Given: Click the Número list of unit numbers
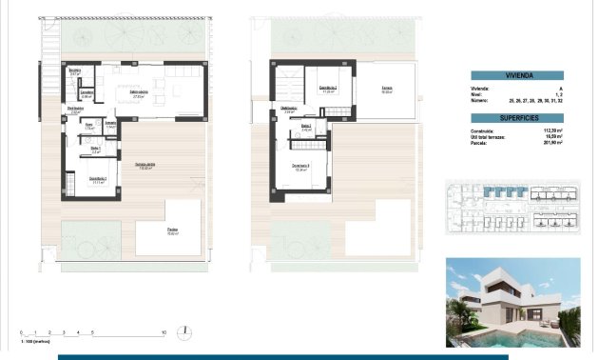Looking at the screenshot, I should pos(534,98).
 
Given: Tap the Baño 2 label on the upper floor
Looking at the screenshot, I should pos(306,127).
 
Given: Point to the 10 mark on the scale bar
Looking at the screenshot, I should pos(164,332).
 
